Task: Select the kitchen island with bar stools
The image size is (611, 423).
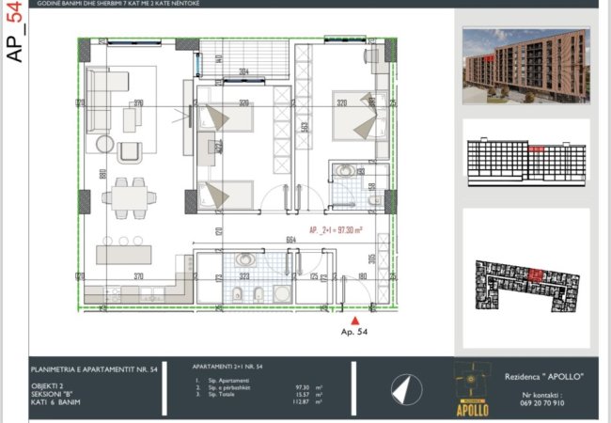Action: (x=122, y=254)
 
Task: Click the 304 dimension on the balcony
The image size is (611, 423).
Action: (x=243, y=71)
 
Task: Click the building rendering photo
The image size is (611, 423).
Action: (x=526, y=63)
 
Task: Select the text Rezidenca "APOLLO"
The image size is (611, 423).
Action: (x=544, y=376)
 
